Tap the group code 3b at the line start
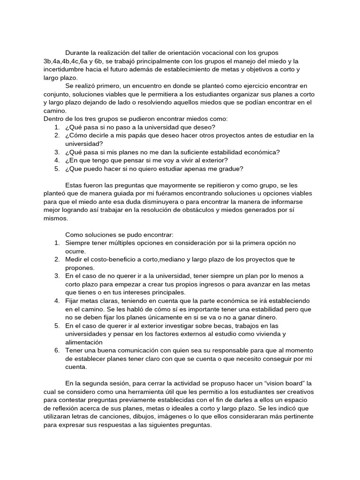tap(42, 61)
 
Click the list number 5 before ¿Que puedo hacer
tap(56, 169)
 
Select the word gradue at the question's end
tap(232, 169)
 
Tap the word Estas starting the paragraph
tap(75, 185)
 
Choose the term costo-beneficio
tap(109, 259)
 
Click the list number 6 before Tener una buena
tap(56, 351)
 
